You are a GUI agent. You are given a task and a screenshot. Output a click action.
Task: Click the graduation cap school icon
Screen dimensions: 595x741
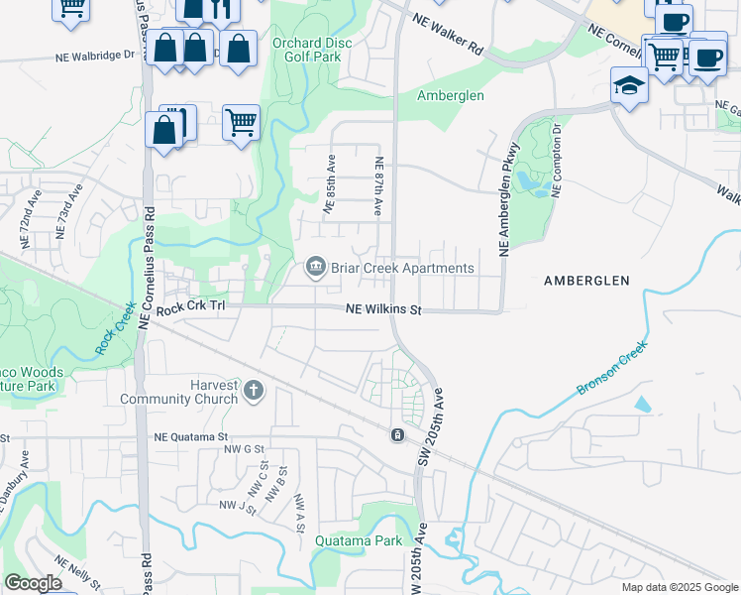pos(629,85)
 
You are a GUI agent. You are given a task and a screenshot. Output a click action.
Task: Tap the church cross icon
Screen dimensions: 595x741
pos(253,390)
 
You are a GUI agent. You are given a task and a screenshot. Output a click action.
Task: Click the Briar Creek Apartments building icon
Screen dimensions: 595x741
pos(315,268)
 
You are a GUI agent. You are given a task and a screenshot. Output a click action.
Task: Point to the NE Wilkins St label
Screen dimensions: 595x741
pos(383,310)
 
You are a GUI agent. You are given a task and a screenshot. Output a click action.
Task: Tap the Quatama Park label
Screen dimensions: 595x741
pos(359,541)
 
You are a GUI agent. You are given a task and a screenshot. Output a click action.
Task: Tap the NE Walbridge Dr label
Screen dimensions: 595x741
pos(95,57)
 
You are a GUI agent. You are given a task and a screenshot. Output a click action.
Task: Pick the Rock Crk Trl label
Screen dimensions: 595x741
pos(191,307)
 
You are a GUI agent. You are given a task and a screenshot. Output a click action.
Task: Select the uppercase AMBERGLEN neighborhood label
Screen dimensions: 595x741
pos(586,281)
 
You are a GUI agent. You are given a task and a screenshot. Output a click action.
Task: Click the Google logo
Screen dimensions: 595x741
pos(33,583)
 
